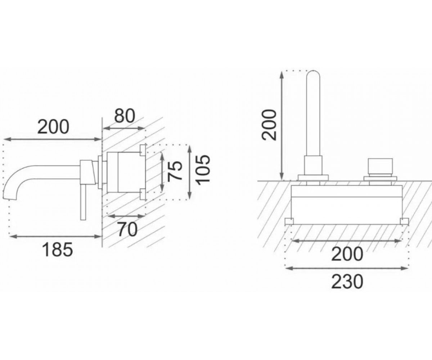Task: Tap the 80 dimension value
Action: [x=125, y=116]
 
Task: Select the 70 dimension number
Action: [x=127, y=229]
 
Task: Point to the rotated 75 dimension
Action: [x=175, y=171]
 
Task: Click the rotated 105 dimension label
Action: [x=203, y=168]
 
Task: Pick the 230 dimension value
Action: [x=347, y=282]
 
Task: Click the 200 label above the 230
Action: [x=347, y=254]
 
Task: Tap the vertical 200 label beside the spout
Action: [x=269, y=125]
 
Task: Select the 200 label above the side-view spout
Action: [x=53, y=127]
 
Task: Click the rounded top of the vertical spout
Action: [x=313, y=74]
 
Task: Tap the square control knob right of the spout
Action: [x=380, y=166]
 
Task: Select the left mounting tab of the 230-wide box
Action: [x=289, y=221]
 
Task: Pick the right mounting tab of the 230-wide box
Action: [x=405, y=221]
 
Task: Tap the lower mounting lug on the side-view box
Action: [x=143, y=194]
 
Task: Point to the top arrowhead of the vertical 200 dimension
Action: [x=282, y=74]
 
